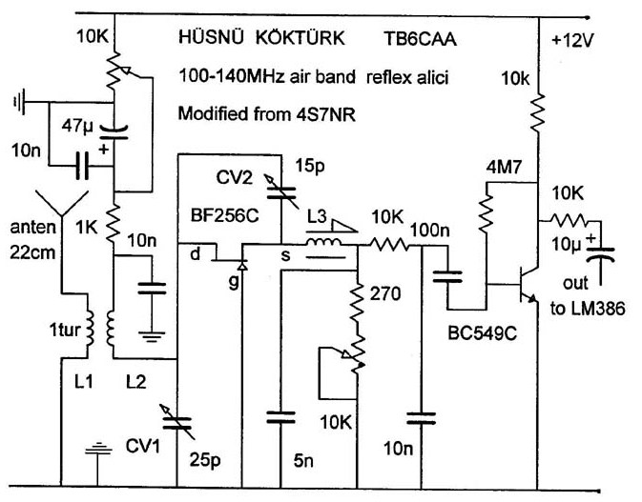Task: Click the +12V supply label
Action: coord(572,41)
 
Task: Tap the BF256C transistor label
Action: coord(225,215)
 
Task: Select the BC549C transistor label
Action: coord(483,333)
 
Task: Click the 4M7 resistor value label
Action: coord(504,168)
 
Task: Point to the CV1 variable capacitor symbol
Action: coord(177,423)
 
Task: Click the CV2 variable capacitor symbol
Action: coord(280,191)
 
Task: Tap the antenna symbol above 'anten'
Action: coord(62,203)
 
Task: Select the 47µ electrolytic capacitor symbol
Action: coord(114,132)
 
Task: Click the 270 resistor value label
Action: coord(385,293)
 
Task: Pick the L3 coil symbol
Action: coord(324,242)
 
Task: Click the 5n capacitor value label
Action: coord(303,461)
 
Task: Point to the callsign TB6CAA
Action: coord(420,39)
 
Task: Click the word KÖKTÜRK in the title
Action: coord(300,37)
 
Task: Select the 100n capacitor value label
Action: coord(430,231)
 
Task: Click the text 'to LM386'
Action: coord(588,309)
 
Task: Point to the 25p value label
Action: coord(205,461)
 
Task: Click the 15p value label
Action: coord(310,167)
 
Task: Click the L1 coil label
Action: coord(83,382)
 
